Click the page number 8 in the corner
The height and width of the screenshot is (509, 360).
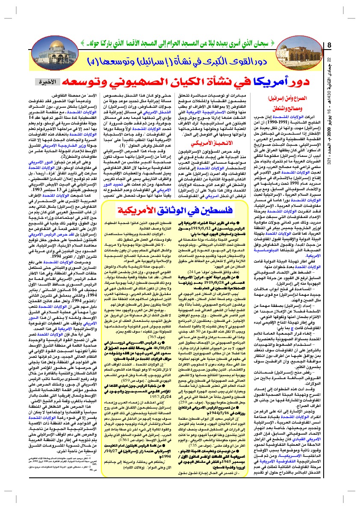[329, 45]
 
